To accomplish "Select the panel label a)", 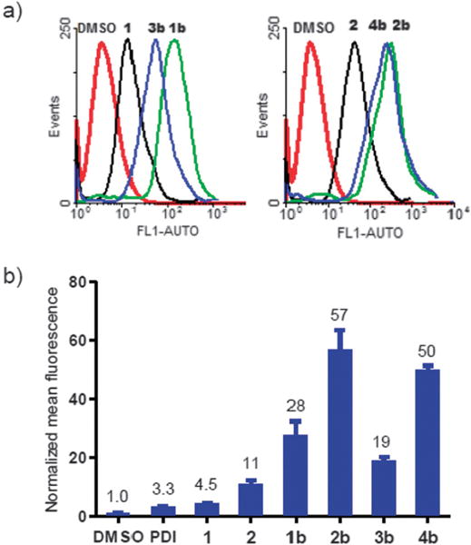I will pos(15,13).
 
